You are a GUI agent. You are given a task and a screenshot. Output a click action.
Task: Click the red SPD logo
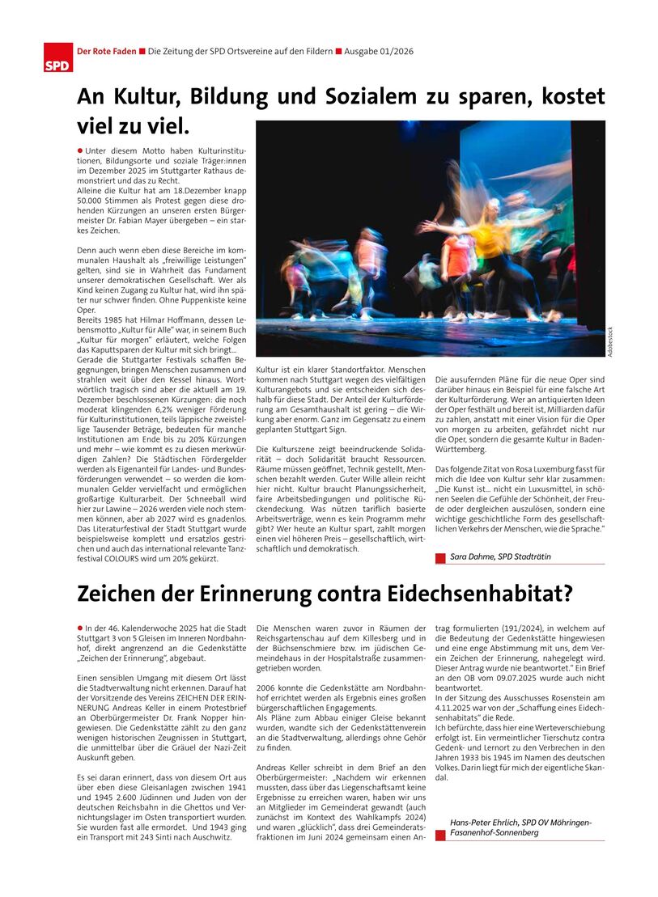[x=57, y=58]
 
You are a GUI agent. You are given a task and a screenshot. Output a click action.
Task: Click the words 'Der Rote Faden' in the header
[x=105, y=52]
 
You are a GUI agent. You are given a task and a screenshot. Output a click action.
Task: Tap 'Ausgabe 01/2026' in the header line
[x=379, y=52]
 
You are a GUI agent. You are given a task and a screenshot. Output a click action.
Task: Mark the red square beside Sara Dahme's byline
[x=440, y=557]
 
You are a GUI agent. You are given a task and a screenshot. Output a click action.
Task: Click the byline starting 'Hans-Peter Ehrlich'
[x=520, y=827]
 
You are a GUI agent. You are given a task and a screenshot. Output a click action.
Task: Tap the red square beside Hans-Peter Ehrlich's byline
[x=440, y=835]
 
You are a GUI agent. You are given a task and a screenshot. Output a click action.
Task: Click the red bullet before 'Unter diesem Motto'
[x=80, y=150]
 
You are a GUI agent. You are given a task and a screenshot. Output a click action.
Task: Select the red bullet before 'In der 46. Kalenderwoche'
[x=80, y=628]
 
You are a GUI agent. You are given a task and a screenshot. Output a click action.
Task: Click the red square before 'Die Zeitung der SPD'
[x=142, y=52]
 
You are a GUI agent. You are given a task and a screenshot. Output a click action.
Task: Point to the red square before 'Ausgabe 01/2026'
[x=338, y=52]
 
